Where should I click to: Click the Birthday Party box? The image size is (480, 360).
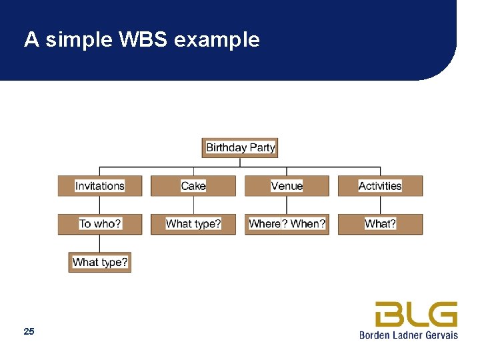tap(240, 147)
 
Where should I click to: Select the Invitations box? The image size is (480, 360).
tap(100, 186)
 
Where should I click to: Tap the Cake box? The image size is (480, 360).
tap(193, 186)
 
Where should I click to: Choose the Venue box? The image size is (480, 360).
tap(287, 186)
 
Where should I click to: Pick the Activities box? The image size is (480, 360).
tap(380, 186)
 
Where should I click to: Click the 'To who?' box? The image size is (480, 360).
tap(100, 224)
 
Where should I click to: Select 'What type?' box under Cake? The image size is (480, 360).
tap(193, 224)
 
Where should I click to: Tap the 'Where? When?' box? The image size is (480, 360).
tap(287, 224)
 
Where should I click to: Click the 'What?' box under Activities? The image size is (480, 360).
tap(380, 224)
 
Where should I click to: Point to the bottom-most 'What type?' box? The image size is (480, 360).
tap(100, 262)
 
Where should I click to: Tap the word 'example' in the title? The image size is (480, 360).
tap(217, 40)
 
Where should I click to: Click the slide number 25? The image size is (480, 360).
tap(29, 331)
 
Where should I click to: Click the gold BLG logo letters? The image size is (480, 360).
tap(416, 314)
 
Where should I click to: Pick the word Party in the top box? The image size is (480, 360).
tap(262, 147)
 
